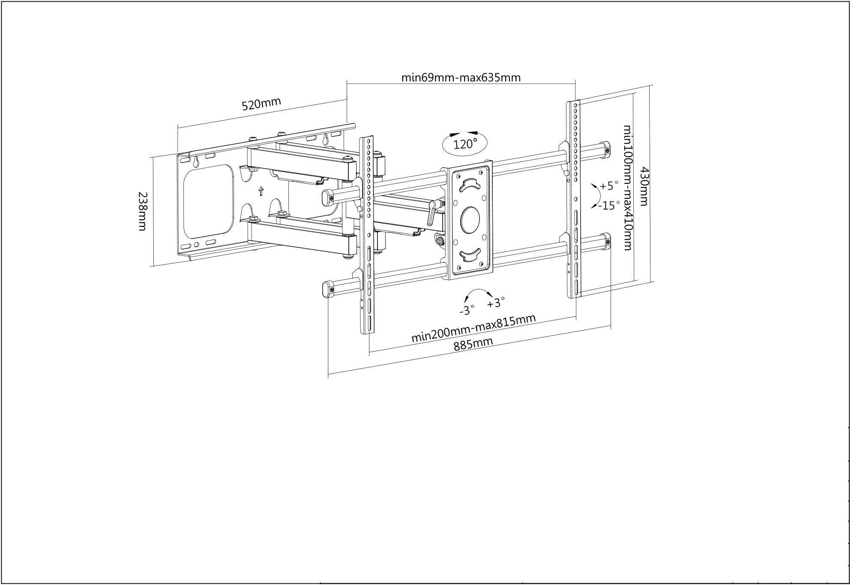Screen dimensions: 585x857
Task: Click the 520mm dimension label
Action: [261, 104]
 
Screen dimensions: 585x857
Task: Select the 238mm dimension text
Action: [143, 211]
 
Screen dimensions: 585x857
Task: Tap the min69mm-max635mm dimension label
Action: [461, 78]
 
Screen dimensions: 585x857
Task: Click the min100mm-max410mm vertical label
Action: [627, 187]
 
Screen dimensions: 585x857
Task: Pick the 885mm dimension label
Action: [473, 344]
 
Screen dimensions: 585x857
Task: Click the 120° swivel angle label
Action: [465, 144]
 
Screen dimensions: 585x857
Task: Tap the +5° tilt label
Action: [609, 186]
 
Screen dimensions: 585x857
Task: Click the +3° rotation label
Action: [496, 303]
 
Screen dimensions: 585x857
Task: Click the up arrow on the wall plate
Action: [261, 191]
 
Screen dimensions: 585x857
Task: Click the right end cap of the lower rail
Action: [605, 241]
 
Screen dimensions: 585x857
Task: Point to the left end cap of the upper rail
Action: [328, 197]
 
